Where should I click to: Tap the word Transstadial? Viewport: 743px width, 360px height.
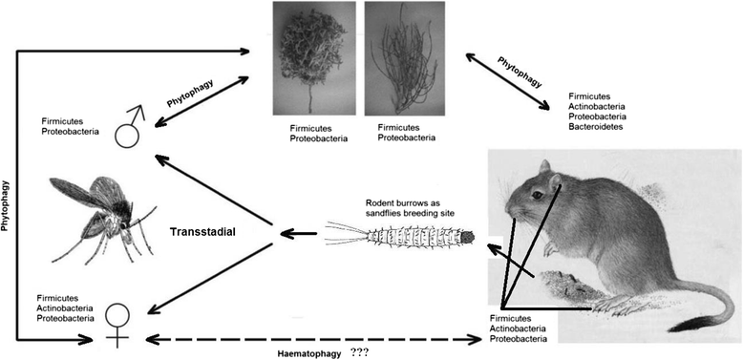[x=204, y=232]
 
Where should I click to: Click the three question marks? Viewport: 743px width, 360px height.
[x=360, y=351]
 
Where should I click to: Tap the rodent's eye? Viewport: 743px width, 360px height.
[x=541, y=195]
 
